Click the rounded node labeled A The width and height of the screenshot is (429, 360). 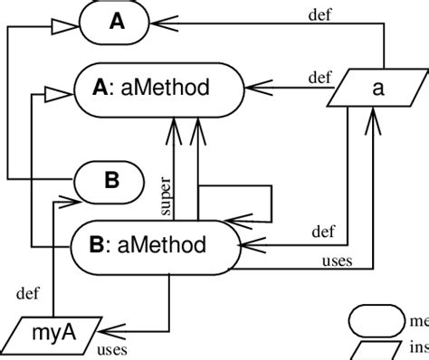117,23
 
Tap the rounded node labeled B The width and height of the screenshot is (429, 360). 110,180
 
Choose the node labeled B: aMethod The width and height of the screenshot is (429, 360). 155,244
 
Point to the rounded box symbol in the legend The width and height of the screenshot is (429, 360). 377,319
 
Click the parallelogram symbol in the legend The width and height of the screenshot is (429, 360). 377,348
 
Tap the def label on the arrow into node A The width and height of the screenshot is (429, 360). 319,14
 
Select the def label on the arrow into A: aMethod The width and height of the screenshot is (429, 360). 319,76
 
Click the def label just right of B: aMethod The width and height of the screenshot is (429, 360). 323,231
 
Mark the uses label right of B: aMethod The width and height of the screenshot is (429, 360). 337,262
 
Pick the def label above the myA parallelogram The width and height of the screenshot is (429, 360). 28,292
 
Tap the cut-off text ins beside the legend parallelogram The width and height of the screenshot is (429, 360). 419,348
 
